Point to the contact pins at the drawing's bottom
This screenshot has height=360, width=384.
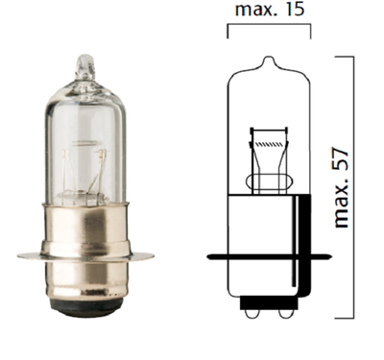[270, 311]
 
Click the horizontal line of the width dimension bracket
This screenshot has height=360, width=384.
[270, 28]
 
